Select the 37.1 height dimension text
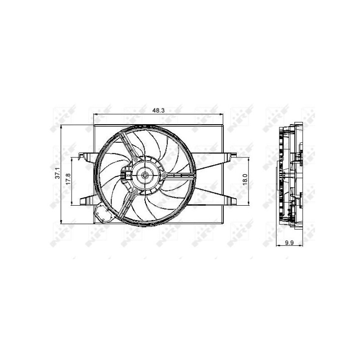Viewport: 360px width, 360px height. point(57,174)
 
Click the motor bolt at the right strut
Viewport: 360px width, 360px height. point(165,175)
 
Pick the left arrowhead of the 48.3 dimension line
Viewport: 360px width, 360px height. point(94,115)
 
